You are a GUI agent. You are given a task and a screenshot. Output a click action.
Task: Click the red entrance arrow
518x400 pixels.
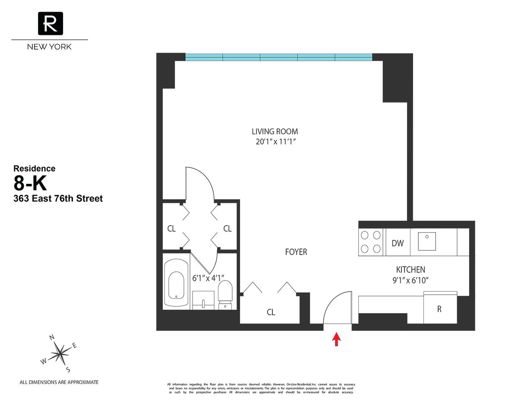[336, 339]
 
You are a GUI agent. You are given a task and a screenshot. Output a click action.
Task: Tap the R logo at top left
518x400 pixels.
[51, 23]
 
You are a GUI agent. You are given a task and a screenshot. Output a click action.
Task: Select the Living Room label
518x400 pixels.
[275, 132]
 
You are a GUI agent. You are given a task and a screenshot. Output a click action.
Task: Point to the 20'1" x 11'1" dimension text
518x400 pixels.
[275, 141]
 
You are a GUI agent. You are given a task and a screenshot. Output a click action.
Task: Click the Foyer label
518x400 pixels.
[296, 252]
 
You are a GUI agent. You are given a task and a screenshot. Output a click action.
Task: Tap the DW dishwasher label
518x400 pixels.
[398, 243]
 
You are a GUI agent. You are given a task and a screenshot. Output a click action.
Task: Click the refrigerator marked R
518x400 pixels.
[439, 309]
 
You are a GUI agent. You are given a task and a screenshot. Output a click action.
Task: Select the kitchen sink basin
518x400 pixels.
[426, 240]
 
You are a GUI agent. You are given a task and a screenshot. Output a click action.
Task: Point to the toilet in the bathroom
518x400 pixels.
[225, 293]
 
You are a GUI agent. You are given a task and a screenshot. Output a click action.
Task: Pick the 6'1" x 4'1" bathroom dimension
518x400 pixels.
[208, 278]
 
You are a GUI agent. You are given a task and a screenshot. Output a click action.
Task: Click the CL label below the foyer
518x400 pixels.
[271, 312]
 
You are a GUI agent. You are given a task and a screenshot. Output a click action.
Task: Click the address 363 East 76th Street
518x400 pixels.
[58, 199]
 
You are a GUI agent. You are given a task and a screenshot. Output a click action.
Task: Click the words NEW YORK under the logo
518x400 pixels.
[49, 47]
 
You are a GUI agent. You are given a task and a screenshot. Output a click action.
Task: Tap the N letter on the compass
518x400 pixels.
[52, 337]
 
